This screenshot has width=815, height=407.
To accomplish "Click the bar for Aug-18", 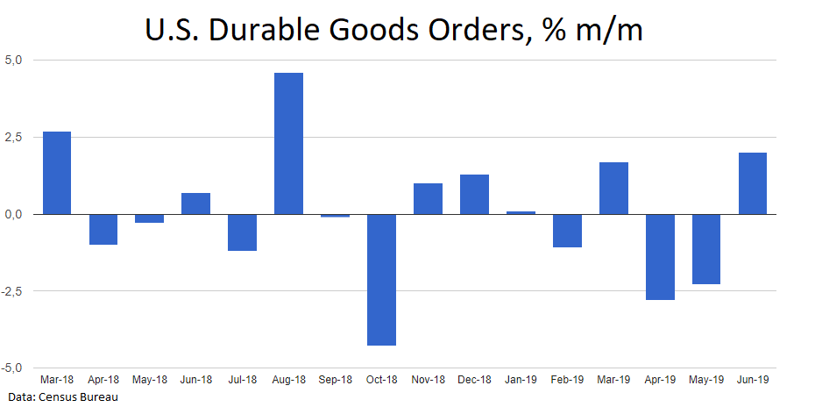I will [288, 144].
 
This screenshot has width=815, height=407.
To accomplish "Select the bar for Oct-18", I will [381, 279].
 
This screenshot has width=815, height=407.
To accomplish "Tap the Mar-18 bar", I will [57, 173].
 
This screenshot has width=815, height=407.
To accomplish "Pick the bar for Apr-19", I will [660, 256].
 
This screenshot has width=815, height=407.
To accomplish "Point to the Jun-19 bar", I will [753, 183].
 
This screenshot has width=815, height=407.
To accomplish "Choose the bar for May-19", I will [706, 248].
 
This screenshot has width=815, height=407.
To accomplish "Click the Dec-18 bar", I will [474, 194].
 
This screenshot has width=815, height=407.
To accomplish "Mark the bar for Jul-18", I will [242, 232].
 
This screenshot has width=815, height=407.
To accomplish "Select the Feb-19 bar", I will [567, 231].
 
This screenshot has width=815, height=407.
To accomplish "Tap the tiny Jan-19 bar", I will [521, 212].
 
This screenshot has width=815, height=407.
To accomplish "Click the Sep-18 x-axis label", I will [335, 380].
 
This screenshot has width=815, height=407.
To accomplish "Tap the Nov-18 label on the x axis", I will [428, 380].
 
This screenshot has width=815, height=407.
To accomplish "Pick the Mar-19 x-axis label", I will [613, 380].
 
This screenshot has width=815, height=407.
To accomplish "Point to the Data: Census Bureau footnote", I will [60, 398].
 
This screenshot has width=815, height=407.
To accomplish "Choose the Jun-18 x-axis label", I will [195, 380].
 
